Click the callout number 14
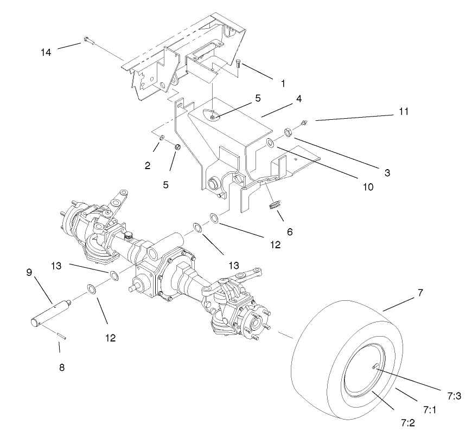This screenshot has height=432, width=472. coord(47,53)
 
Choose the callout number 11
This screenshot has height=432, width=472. coord(403,112)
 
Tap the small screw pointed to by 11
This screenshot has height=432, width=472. coord(304,122)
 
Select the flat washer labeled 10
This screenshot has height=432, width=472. coord(270,143)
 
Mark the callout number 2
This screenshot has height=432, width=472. coord(148,166)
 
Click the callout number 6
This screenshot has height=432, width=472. coord(290,231)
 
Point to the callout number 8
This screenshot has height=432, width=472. coord(61,367)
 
